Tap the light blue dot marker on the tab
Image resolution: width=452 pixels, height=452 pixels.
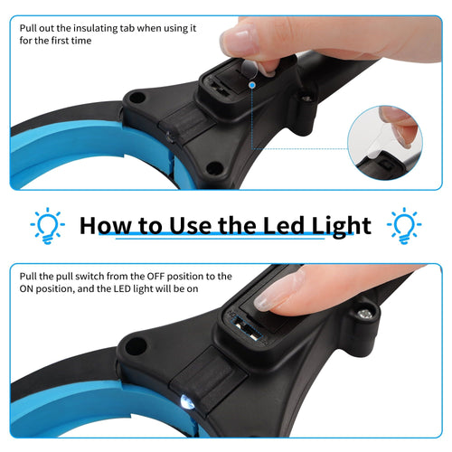click(252, 85)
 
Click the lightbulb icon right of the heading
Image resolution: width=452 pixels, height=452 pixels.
click(404, 223)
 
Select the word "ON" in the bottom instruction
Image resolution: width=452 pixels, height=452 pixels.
click(31, 289)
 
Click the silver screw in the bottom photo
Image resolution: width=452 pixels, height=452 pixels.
click(365, 314)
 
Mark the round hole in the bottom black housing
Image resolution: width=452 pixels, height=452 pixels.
click(136, 344)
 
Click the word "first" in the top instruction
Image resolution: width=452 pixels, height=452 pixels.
click(52, 42)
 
